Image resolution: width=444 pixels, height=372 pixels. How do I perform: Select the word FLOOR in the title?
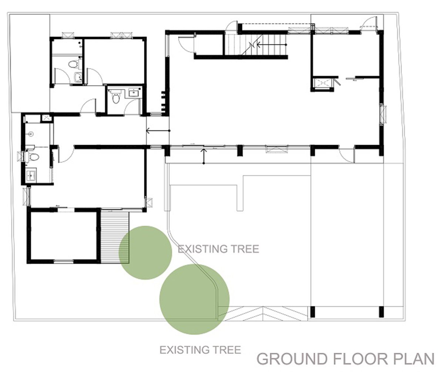357,359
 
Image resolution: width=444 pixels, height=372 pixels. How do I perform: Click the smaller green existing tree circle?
145,252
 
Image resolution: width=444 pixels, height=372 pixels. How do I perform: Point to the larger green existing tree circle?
194,299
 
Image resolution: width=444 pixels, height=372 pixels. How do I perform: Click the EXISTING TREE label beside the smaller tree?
218,249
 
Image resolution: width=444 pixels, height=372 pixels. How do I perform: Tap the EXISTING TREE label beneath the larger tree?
200,349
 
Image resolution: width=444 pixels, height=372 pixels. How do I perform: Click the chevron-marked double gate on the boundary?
263,314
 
